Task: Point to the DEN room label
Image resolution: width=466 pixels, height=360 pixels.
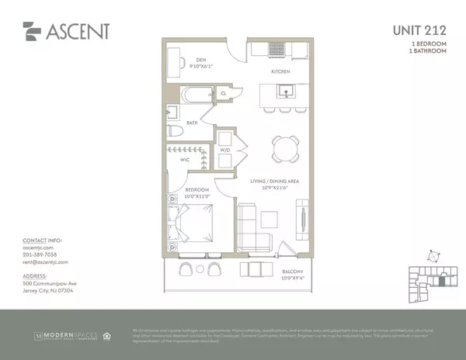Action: click(200, 58)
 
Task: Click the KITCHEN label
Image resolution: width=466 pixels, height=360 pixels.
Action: click(280, 71)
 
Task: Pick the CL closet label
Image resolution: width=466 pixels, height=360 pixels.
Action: click(223, 93)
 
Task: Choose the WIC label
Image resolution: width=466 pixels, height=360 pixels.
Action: click(185, 161)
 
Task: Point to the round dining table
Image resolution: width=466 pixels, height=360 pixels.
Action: click(285, 147)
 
